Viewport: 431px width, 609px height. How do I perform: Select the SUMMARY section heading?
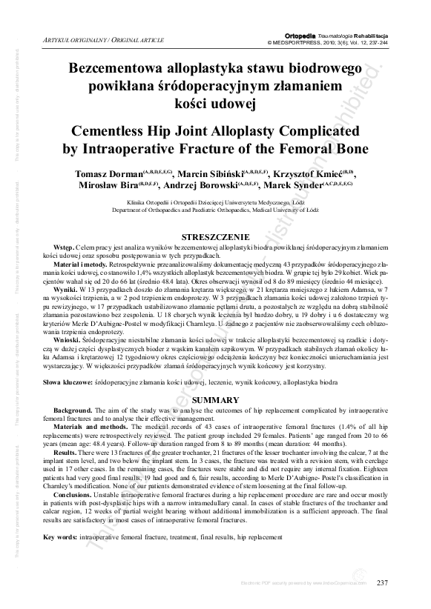(x=215, y=399)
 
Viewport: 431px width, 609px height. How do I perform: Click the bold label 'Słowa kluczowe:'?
(x=65, y=382)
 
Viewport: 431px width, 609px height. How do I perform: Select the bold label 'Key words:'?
(x=59, y=536)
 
